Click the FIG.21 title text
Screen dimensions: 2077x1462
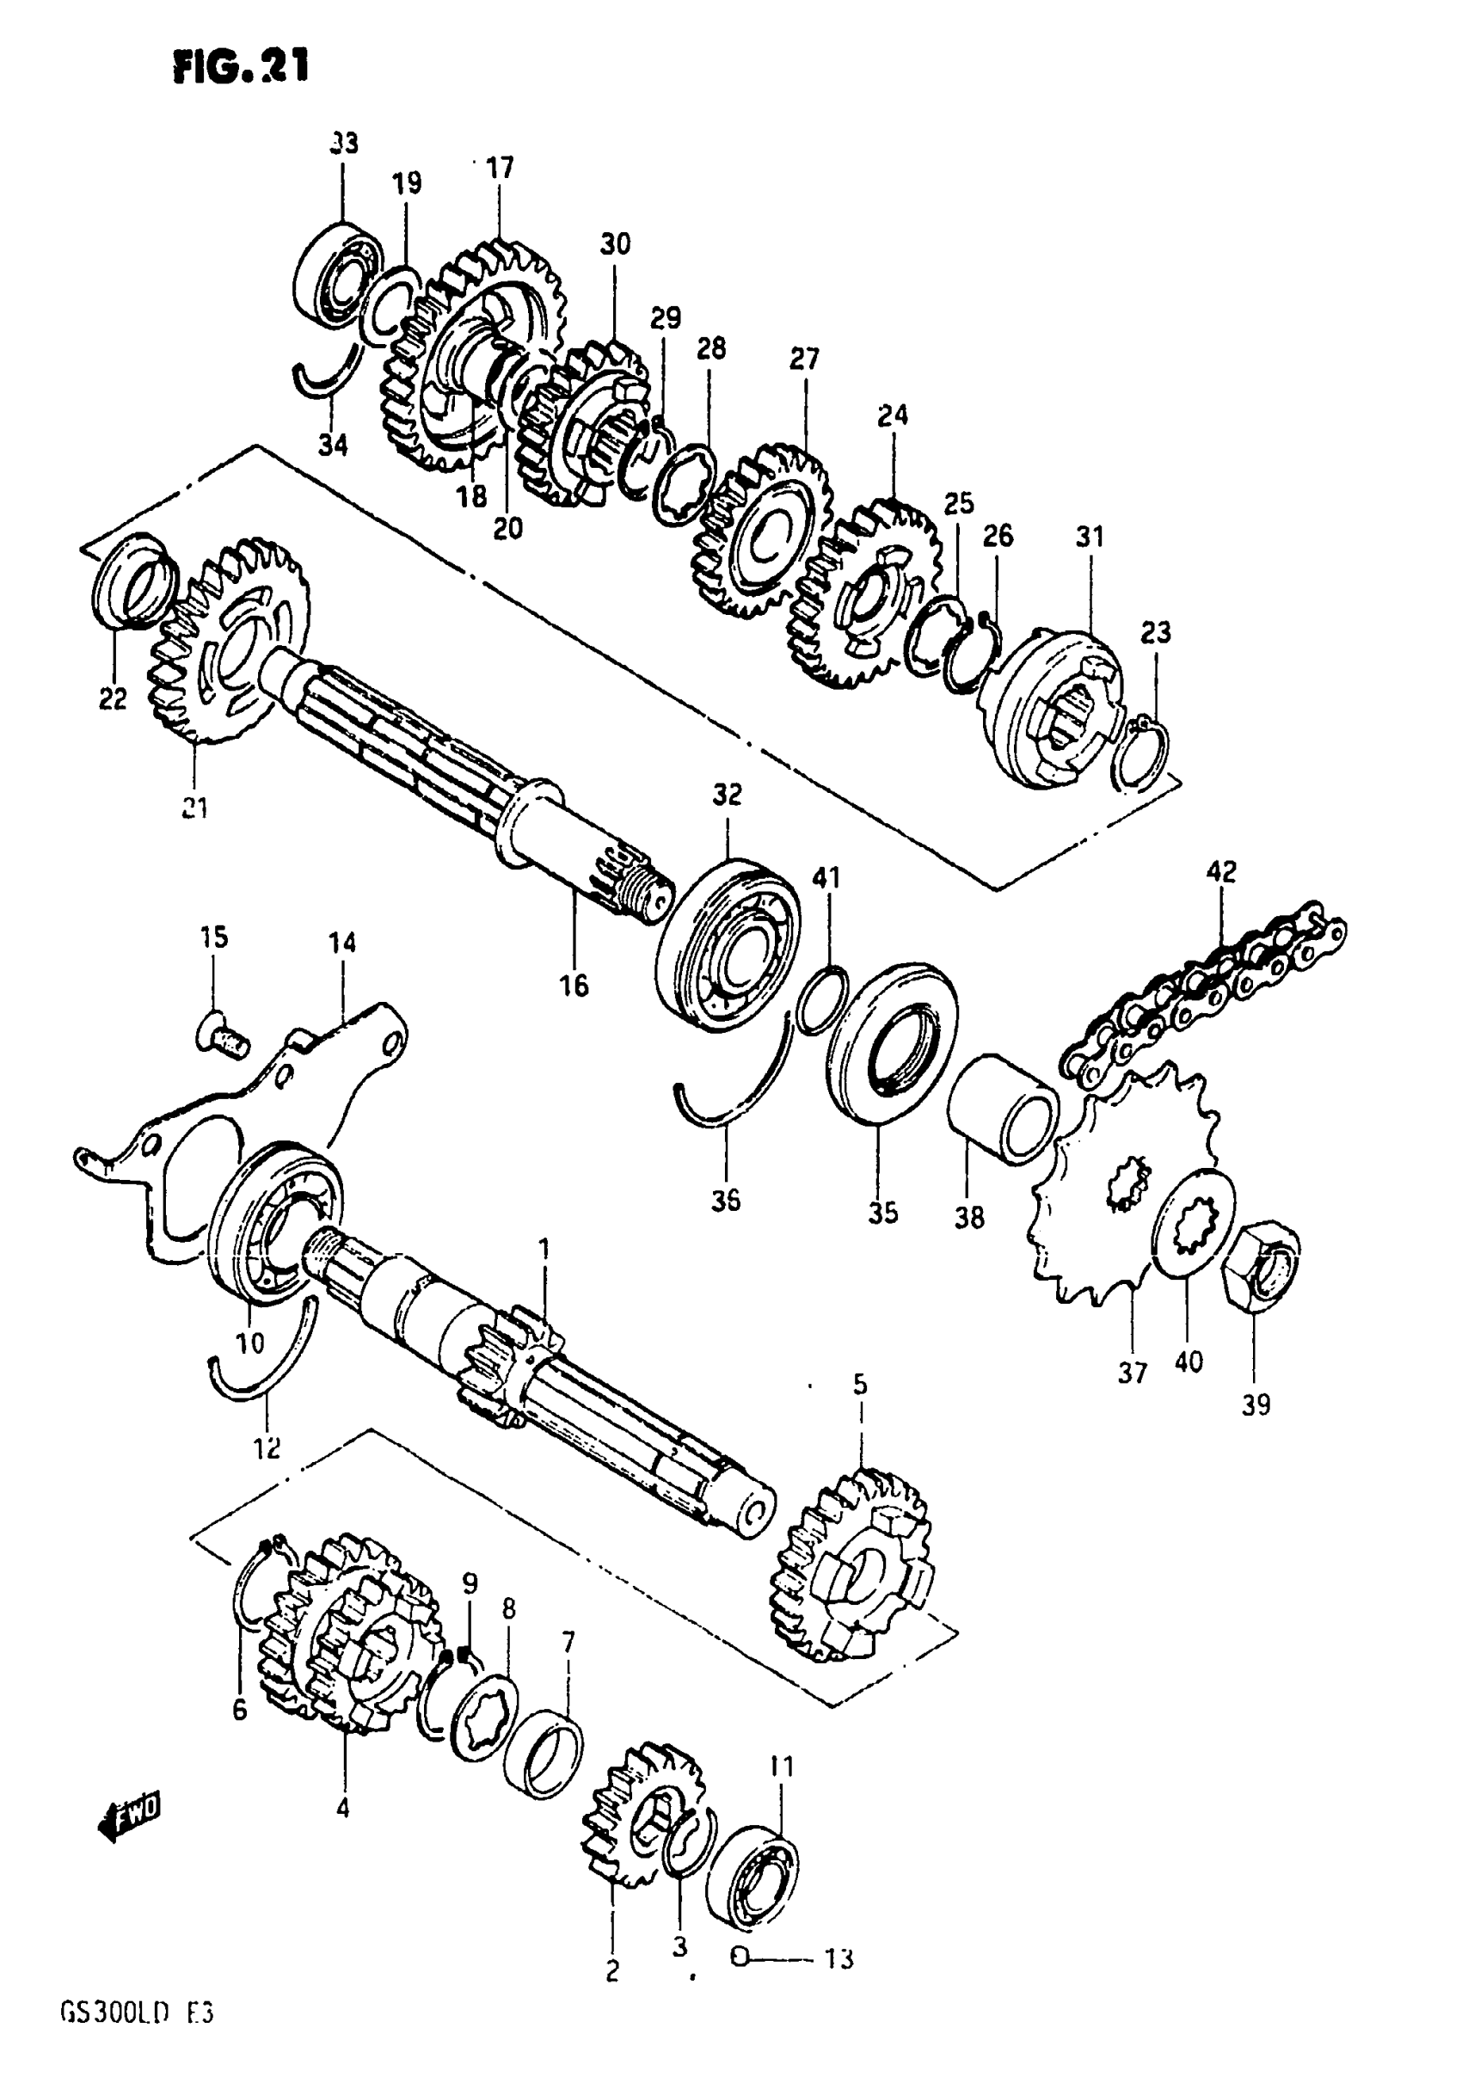tap(241, 65)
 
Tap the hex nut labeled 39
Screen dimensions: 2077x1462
tap(1261, 1261)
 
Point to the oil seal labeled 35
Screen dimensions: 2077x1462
tap(890, 1044)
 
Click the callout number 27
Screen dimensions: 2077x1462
tap(803, 359)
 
